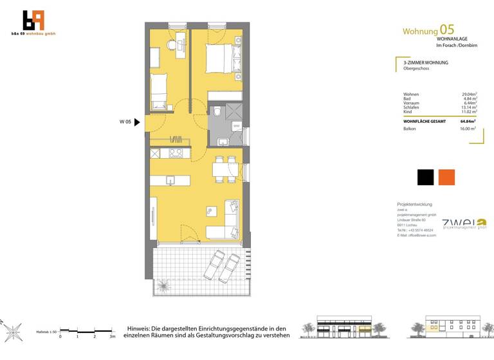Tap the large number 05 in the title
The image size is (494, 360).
(x=446, y=30)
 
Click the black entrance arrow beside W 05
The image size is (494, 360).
(x=136, y=122)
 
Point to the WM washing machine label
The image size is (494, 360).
(x=236, y=125)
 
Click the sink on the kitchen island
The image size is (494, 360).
(x=170, y=179)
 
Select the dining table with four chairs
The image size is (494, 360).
(x=223, y=170)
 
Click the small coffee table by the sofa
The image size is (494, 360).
(x=210, y=210)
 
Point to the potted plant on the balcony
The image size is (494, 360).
(x=165, y=283)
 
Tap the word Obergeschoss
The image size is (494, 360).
(x=416, y=68)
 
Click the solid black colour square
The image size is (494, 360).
(x=425, y=177)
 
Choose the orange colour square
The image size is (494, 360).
(x=446, y=177)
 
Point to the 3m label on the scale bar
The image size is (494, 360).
(x=112, y=336)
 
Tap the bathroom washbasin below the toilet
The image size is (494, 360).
(x=223, y=141)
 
